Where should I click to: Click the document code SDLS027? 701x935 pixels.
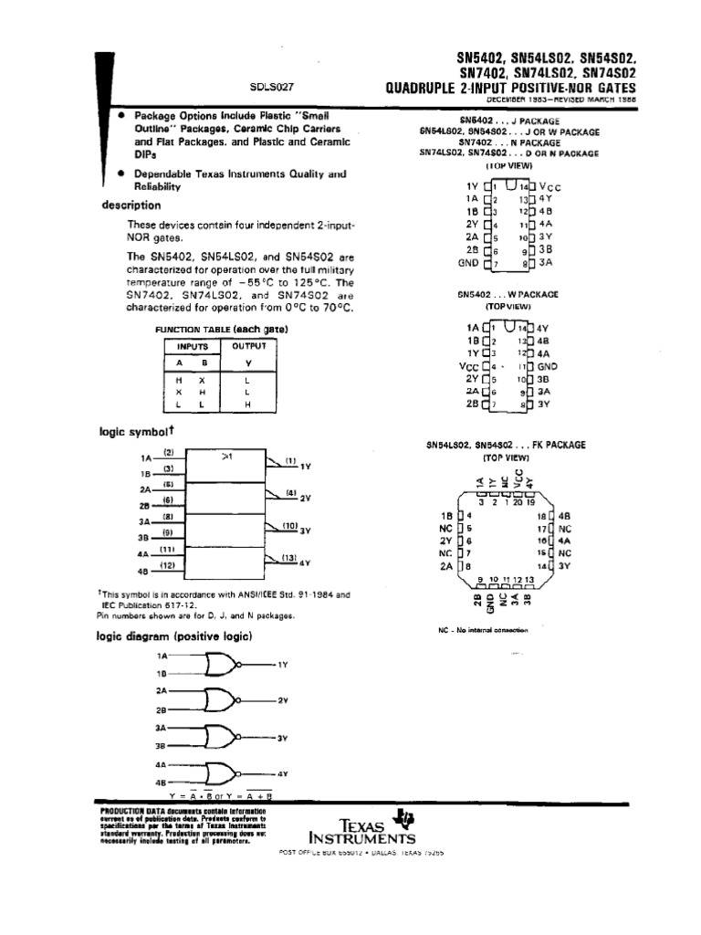pyautogui.click(x=271, y=89)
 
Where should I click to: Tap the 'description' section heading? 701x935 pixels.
pyautogui.click(x=131, y=205)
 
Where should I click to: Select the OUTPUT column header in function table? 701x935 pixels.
pyautogui.click(x=249, y=346)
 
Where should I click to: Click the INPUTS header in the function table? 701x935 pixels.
pyautogui.click(x=194, y=346)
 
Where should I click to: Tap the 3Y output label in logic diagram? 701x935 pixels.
pyautogui.click(x=282, y=737)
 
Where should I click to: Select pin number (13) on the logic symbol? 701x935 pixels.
pyautogui.click(x=290, y=558)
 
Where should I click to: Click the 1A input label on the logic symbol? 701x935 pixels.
pyautogui.click(x=145, y=458)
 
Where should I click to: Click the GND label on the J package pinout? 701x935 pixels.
pyautogui.click(x=467, y=263)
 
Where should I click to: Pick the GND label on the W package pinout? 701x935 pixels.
pyautogui.click(x=549, y=365)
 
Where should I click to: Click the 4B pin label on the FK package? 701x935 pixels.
pyautogui.click(x=564, y=515)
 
